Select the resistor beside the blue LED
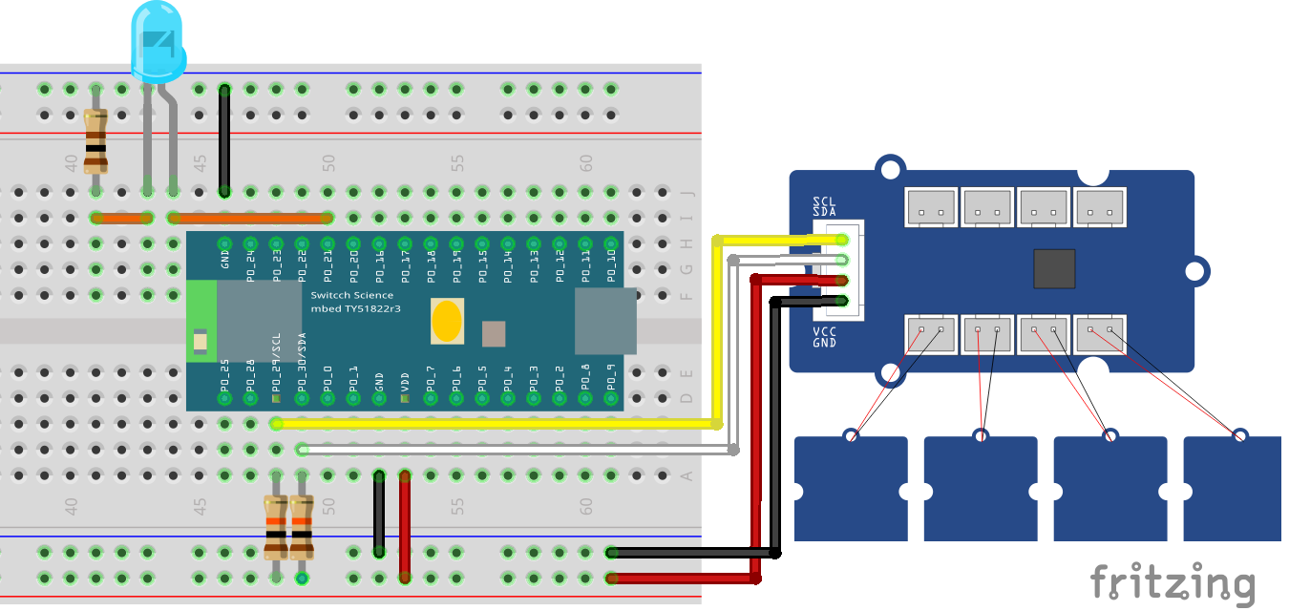coord(95,141)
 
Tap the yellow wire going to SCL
coord(497,423)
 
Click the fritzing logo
coord(1173,582)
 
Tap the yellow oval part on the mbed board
coord(448,322)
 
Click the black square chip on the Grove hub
coord(1055,268)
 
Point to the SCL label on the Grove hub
coord(824,201)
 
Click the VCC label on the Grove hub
coord(824,331)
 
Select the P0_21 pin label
coord(328,263)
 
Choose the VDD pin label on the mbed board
coord(405,379)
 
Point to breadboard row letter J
coord(685,193)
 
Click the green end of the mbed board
coord(201,322)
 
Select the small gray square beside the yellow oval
coord(494,333)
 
